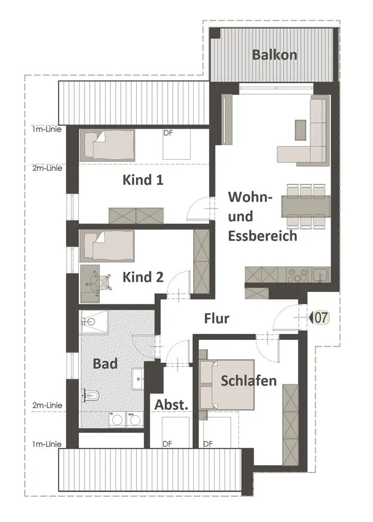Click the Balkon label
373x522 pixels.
275,54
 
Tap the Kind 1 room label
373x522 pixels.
143,180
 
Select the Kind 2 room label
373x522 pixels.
143,277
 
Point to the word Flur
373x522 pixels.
217,318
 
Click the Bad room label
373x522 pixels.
106,363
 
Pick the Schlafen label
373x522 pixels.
249,381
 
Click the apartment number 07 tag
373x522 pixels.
320,317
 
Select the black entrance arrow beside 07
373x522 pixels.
310,317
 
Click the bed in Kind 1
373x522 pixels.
107,145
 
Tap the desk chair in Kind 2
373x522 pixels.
99,282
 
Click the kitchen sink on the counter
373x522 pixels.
319,274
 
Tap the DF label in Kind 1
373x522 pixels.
168,134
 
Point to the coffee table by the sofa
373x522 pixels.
300,129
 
